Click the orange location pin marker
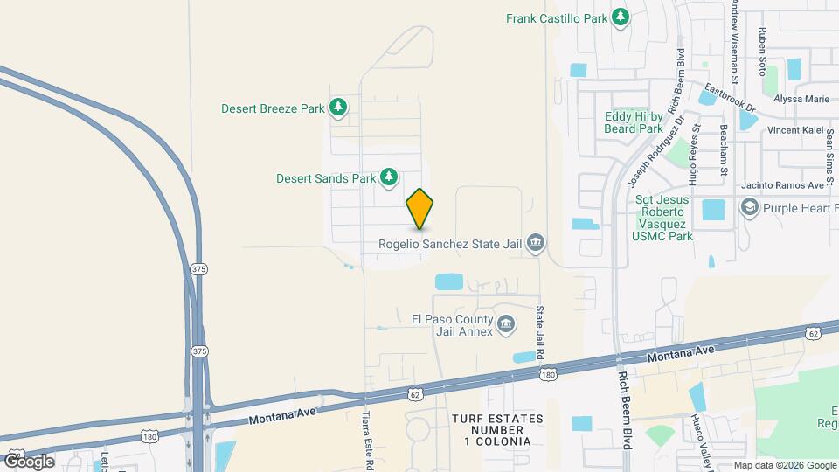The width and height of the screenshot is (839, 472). (420, 208)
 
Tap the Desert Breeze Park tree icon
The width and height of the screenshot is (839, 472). (338, 108)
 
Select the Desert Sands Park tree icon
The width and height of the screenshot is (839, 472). (389, 177)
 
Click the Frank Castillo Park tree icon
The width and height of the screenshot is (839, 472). (621, 17)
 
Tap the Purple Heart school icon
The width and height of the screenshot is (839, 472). (749, 209)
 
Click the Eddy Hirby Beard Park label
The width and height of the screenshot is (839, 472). (634, 122)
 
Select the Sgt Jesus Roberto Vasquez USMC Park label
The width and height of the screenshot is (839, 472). (663, 218)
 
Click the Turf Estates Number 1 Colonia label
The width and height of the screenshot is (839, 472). (497, 430)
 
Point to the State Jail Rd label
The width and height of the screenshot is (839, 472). (540, 332)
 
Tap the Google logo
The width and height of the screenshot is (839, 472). (28, 461)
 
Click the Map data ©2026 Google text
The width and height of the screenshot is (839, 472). (784, 465)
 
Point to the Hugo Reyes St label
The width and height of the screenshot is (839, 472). (695, 154)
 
